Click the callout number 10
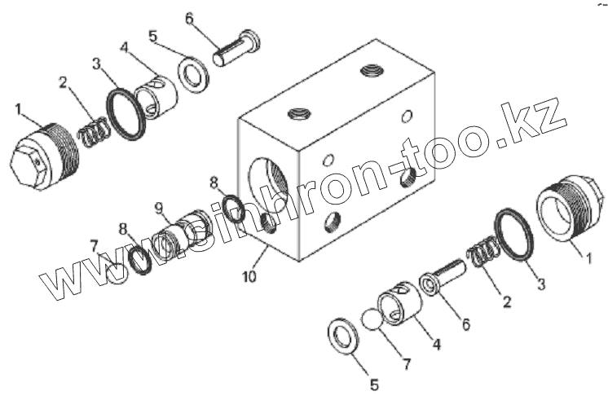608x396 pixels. pyautogui.click(x=249, y=277)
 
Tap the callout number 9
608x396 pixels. pyautogui.click(x=160, y=207)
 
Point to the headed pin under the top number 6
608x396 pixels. pyautogui.click(x=236, y=48)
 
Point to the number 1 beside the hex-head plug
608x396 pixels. pyautogui.click(x=18, y=108)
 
